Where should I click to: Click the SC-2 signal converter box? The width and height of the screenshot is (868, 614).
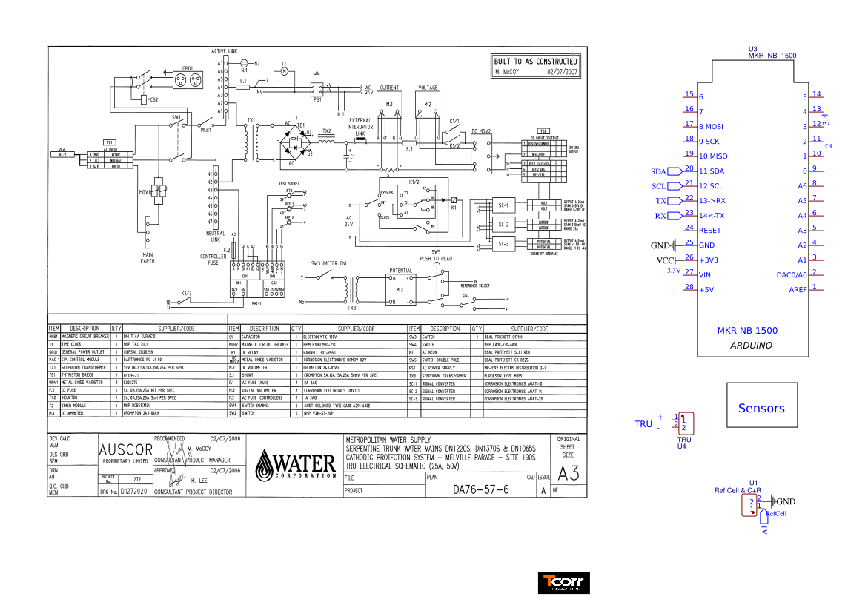click(x=503, y=224)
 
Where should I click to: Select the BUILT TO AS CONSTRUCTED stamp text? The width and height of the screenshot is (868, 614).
click(x=536, y=62)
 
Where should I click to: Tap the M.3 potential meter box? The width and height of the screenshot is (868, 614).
click(x=400, y=289)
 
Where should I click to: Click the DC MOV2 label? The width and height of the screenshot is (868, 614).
click(x=482, y=131)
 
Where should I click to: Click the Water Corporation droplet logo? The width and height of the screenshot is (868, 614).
click(x=265, y=466)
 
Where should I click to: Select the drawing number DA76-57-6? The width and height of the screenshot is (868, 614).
click(x=480, y=490)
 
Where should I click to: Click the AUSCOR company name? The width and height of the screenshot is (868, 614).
click(x=125, y=450)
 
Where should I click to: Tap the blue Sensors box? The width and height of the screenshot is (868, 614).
click(x=761, y=408)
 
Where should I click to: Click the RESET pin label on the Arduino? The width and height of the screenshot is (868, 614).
click(x=709, y=231)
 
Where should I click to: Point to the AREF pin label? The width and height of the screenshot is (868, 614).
click(x=798, y=290)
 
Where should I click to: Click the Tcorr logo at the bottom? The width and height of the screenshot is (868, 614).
click(x=563, y=583)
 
